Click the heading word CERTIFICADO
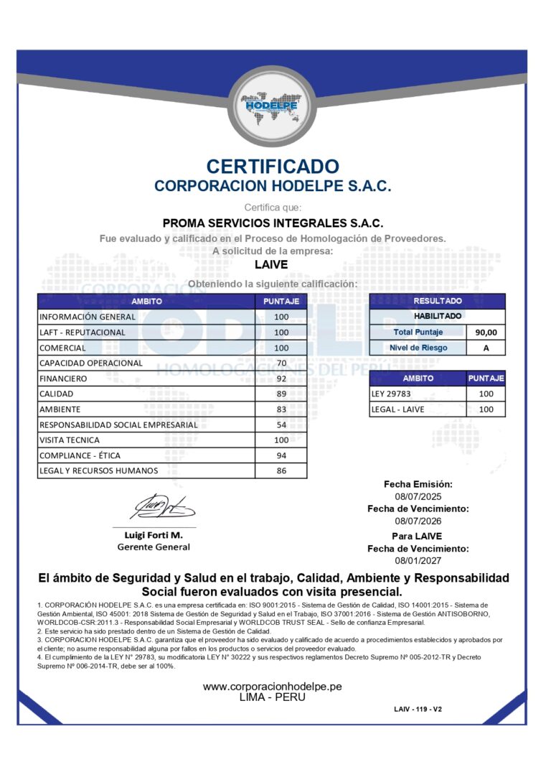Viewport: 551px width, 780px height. pos(273,167)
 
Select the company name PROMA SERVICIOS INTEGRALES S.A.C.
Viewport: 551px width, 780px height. pos(273,223)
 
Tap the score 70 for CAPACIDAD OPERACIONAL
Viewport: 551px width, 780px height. pos(281,363)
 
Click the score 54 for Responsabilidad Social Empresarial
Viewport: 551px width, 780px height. pos(281,424)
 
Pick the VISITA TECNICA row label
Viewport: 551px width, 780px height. pos(70,440)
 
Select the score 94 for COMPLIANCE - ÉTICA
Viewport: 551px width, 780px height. pos(281,455)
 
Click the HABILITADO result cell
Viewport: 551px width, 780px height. pos(438,316)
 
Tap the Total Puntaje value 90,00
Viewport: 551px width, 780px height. pos(486,333)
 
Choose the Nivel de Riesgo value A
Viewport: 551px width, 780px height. pos(486,348)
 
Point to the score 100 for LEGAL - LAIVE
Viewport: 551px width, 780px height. pos(486,409)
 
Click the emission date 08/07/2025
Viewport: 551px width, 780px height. pos(416,496)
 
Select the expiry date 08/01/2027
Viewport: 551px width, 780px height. pos(416,560)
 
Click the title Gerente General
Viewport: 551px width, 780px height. pos(154,547)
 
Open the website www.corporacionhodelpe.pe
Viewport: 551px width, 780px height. pos(272,687)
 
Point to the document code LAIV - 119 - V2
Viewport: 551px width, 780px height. pos(418,709)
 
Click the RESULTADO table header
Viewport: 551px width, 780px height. pos(438,301)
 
